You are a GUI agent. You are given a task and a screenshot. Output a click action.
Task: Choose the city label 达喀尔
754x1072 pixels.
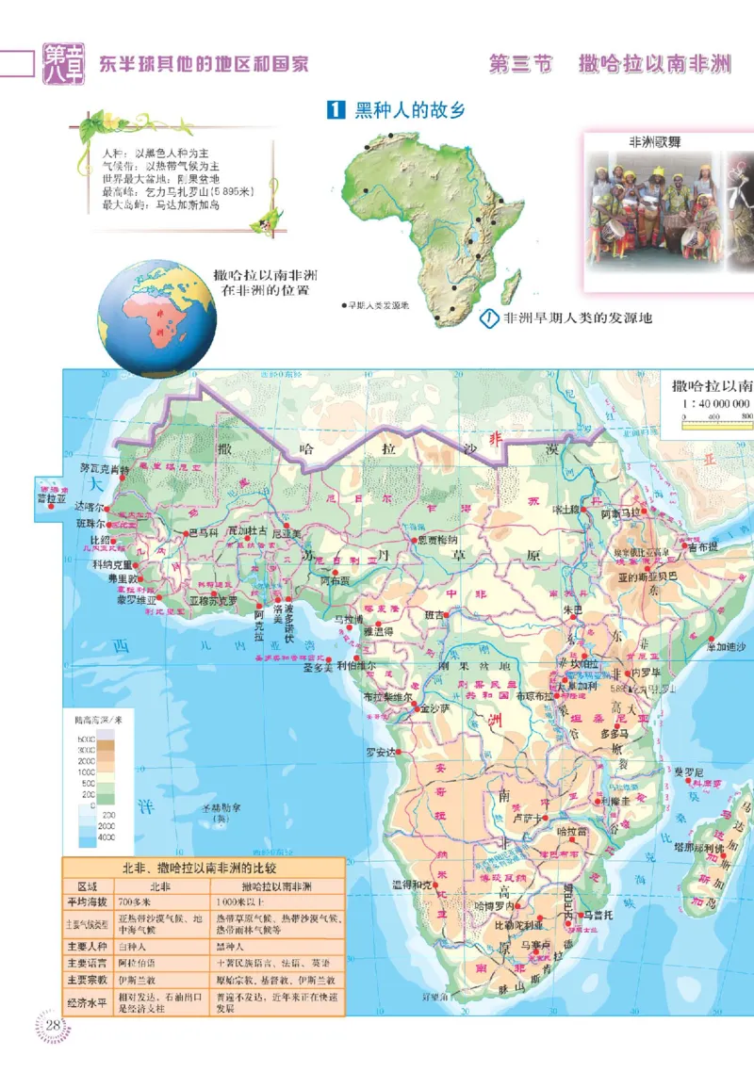pos(91,506)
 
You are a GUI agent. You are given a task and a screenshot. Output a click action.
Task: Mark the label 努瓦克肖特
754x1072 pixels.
pos(105,468)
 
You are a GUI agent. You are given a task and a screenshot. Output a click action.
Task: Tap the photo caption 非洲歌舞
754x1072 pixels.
pos(655,142)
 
